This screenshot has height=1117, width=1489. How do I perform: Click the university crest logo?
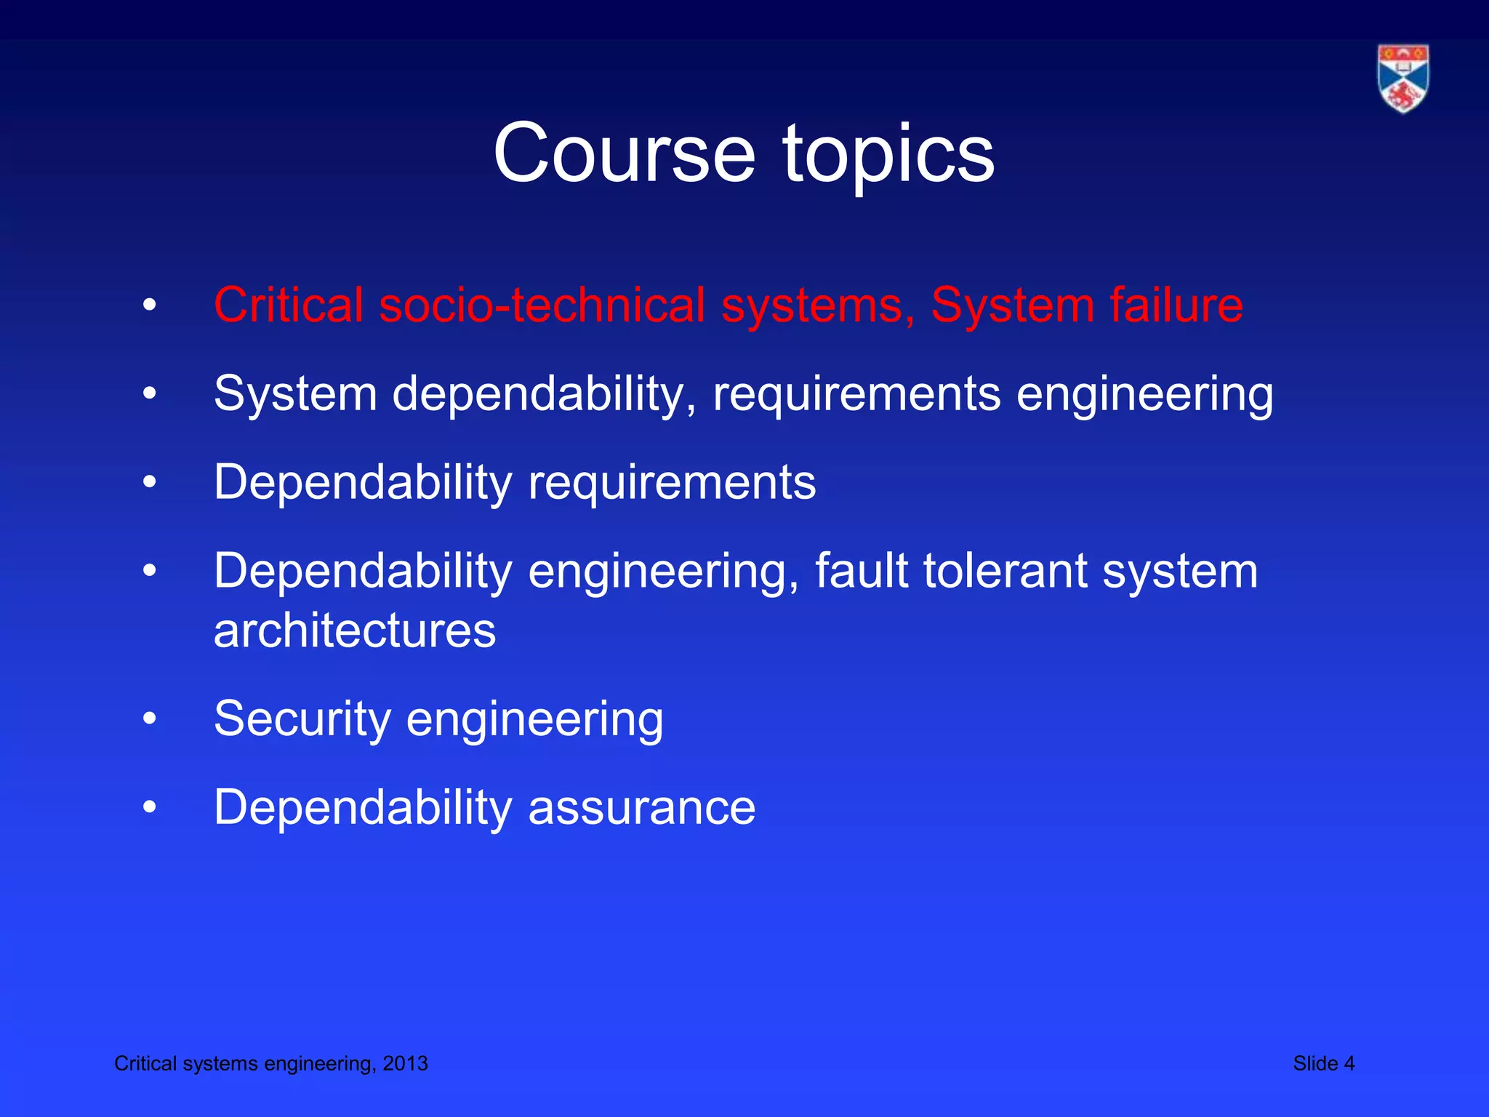(x=1402, y=79)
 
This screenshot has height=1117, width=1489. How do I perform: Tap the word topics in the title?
(x=888, y=155)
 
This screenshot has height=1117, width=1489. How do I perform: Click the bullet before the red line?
(x=150, y=305)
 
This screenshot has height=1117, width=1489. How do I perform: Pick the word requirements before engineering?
(x=856, y=394)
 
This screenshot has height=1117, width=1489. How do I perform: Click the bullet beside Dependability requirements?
(x=150, y=482)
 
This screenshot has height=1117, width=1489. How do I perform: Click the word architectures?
(x=355, y=630)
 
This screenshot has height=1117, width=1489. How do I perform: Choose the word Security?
(x=302, y=718)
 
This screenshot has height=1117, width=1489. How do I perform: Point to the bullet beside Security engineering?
(x=150, y=719)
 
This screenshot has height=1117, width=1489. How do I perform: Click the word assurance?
(x=642, y=807)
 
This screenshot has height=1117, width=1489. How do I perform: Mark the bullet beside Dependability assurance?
(x=150, y=807)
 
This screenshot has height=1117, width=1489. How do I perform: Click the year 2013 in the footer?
(x=405, y=1063)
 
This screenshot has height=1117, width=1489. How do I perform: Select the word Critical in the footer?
(x=145, y=1063)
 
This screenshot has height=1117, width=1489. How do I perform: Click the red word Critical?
(x=288, y=305)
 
